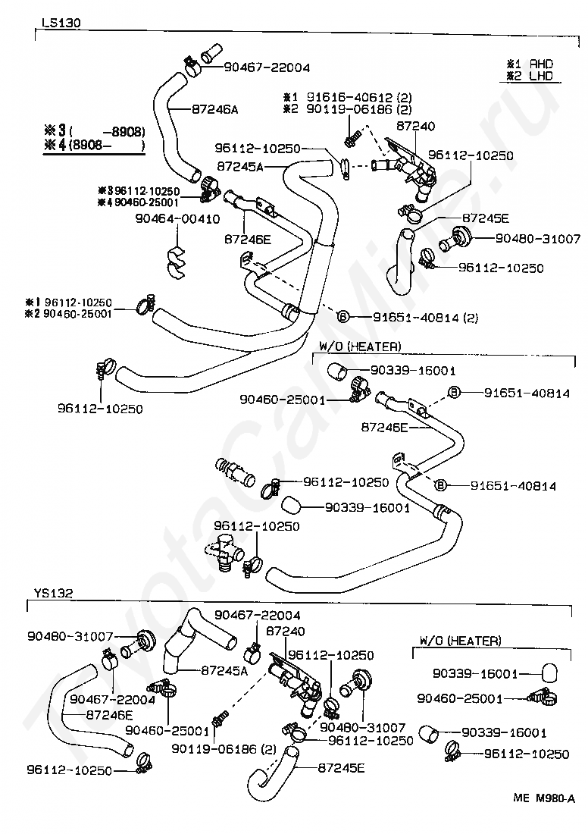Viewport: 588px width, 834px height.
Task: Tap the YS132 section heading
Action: coord(53,593)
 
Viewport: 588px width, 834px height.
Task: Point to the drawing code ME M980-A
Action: coord(544,798)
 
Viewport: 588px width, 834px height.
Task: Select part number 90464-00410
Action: coord(177,219)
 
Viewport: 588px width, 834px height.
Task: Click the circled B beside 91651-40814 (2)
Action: coord(342,318)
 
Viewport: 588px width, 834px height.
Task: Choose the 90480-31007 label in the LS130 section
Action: coord(538,238)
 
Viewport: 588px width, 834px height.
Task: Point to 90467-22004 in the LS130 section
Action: coord(267,67)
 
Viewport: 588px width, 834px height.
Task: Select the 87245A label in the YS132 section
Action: coord(225,670)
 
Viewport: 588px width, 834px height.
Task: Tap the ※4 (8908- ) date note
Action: coord(95,146)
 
